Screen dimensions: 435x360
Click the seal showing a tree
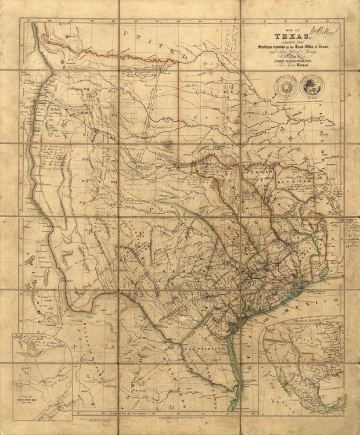pos(311,87)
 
